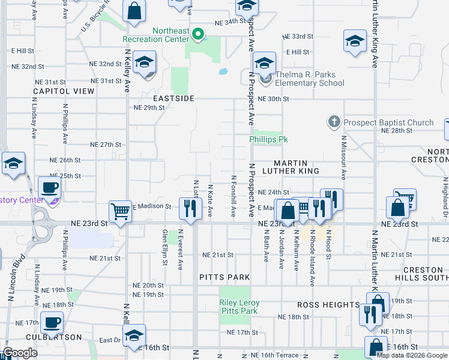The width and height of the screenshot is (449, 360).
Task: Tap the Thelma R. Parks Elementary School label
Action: click(x=302, y=79)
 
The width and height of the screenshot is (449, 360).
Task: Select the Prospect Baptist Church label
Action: click(x=388, y=122)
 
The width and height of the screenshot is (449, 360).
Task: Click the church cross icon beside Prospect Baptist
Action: click(x=335, y=122)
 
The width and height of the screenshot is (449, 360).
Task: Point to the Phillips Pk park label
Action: click(x=269, y=139)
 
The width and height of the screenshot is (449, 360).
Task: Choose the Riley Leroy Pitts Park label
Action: click(x=240, y=307)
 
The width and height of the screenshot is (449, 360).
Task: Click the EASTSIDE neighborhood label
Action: click(x=173, y=98)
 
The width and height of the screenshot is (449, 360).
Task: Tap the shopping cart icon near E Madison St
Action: click(x=120, y=211)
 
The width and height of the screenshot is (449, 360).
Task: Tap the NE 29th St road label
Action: click(x=149, y=107)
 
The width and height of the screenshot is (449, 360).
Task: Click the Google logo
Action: click(x=20, y=353)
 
